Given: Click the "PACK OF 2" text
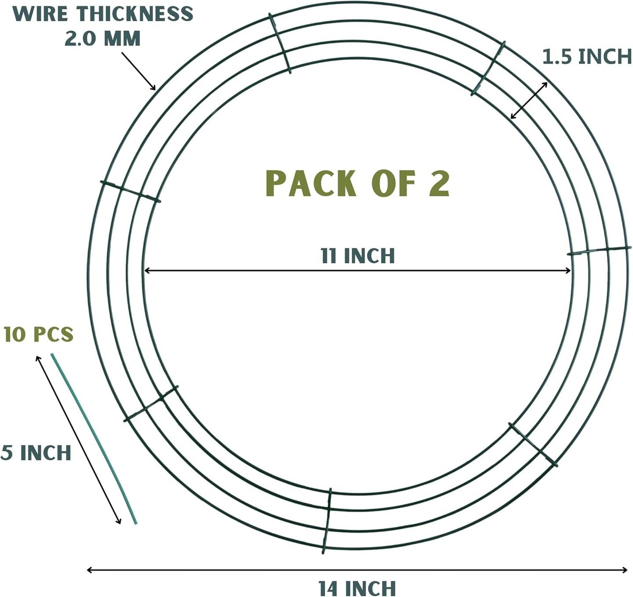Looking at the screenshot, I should [x=357, y=183].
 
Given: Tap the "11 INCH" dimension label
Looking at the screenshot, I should [x=357, y=256].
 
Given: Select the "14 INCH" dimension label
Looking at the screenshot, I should [x=357, y=588].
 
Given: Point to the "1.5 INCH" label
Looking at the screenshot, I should [x=586, y=57].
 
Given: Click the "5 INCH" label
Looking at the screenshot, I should [x=36, y=453].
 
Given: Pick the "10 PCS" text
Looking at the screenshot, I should [x=38, y=335].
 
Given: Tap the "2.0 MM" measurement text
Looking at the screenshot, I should [x=102, y=39].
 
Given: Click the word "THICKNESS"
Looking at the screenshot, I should [x=135, y=14].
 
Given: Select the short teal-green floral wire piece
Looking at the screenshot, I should [x=94, y=438].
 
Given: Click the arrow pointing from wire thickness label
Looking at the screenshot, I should [x=138, y=71].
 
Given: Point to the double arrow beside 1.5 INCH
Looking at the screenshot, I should [x=529, y=100].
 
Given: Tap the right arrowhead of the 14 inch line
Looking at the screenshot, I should [x=625, y=570].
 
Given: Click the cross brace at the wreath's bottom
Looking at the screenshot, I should [x=327, y=521].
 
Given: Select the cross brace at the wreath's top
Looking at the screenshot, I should [x=280, y=43].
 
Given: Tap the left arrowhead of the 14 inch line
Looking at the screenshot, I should [x=90, y=570].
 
